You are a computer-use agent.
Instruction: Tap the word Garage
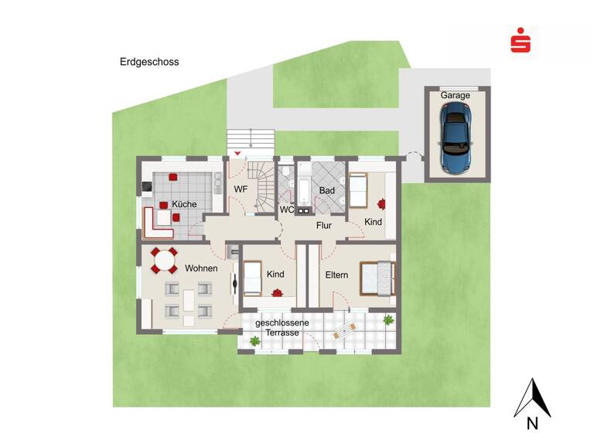456,95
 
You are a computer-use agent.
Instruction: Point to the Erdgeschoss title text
149,62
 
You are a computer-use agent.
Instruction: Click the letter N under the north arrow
532,422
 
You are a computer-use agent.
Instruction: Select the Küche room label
184,204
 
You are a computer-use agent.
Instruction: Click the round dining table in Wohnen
164,261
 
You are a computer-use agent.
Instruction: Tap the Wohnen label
200,268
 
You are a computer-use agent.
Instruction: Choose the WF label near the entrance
241,188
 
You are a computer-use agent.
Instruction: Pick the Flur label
324,227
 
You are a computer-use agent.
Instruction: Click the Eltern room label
336,274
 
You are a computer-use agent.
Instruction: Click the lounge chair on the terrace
345,331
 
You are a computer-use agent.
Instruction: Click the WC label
286,210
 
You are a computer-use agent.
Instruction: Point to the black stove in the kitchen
146,186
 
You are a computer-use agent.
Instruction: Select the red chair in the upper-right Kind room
381,204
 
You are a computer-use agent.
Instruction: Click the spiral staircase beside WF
265,186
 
